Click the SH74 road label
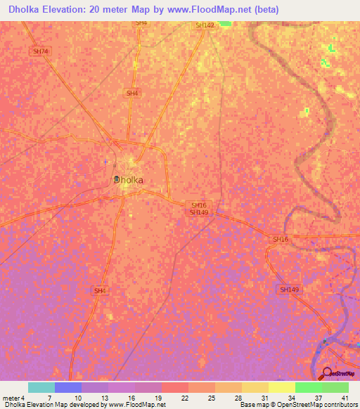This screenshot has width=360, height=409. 41,52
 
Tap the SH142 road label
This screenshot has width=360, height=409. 204,25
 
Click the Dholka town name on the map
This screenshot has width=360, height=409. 129,180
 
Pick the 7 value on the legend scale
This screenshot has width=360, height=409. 49,398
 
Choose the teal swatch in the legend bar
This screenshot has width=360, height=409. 41,387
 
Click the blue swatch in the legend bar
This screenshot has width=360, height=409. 67,387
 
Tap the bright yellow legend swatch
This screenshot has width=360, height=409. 282,387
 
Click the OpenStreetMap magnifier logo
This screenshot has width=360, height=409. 326,373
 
